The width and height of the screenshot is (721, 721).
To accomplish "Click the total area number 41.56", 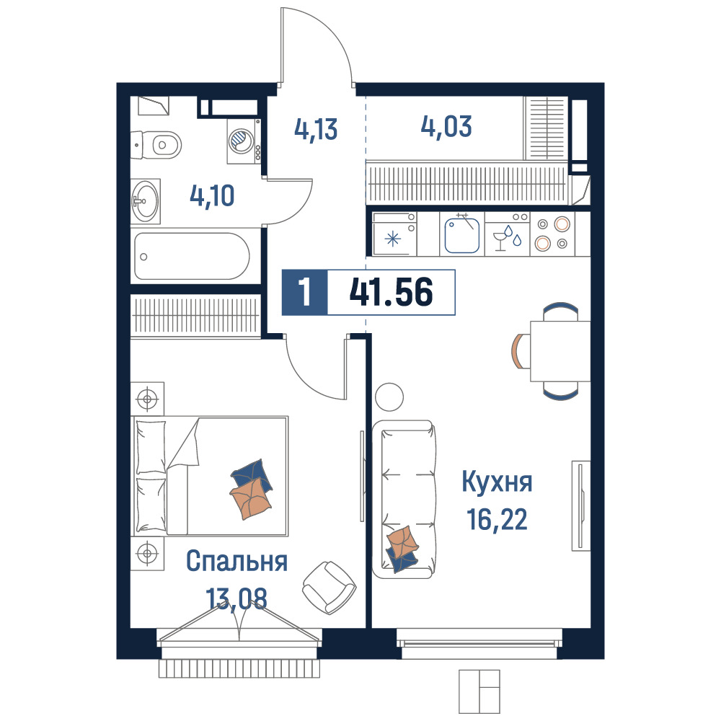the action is click(x=392, y=293).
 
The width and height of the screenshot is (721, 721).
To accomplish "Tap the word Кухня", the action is click(x=497, y=482).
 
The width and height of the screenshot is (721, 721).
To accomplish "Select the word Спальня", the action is click(x=236, y=561).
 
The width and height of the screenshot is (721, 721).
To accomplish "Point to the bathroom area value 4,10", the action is click(x=212, y=196).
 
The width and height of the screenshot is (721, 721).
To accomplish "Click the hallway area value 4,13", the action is click(x=316, y=129).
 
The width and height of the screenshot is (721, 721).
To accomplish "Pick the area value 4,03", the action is click(x=446, y=126).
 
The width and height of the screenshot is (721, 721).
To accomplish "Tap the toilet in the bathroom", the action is click(x=156, y=145).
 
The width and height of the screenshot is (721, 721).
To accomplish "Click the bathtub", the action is click(x=191, y=256).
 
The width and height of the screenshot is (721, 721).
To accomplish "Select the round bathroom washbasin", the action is click(x=146, y=201).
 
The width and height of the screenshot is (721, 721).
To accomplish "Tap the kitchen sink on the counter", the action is click(x=462, y=234).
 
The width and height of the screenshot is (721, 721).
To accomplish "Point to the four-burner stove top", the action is click(x=552, y=234).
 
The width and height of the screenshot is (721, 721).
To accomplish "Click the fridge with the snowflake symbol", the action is click(x=394, y=234).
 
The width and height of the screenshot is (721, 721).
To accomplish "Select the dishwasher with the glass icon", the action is click(x=508, y=234).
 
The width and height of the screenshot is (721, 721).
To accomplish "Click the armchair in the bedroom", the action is click(x=329, y=587).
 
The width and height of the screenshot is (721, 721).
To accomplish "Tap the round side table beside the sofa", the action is click(x=389, y=397).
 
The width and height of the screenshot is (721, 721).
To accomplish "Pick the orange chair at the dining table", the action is click(x=519, y=351).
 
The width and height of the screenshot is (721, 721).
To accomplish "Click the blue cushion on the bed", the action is click(x=252, y=474).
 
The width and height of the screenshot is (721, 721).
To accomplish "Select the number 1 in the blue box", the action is click(x=304, y=293).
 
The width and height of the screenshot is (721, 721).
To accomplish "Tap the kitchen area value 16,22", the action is click(x=497, y=520).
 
